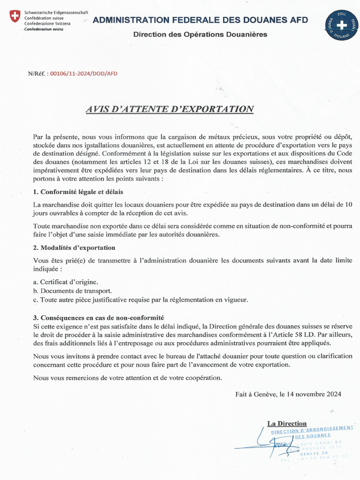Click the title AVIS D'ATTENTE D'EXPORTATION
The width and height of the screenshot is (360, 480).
click(169, 109)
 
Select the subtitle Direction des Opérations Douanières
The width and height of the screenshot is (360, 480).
click(200, 34)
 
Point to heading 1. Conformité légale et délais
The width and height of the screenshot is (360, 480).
click(78, 192)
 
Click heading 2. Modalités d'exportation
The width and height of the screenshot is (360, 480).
click(74, 247)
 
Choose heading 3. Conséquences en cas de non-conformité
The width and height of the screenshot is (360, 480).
click(98, 318)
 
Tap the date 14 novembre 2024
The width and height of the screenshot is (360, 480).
click(317, 394)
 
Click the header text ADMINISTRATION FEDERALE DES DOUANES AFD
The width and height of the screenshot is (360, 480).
click(200, 20)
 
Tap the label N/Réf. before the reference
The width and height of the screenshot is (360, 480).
click(37, 74)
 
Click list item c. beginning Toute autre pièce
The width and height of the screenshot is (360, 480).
click(141, 300)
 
